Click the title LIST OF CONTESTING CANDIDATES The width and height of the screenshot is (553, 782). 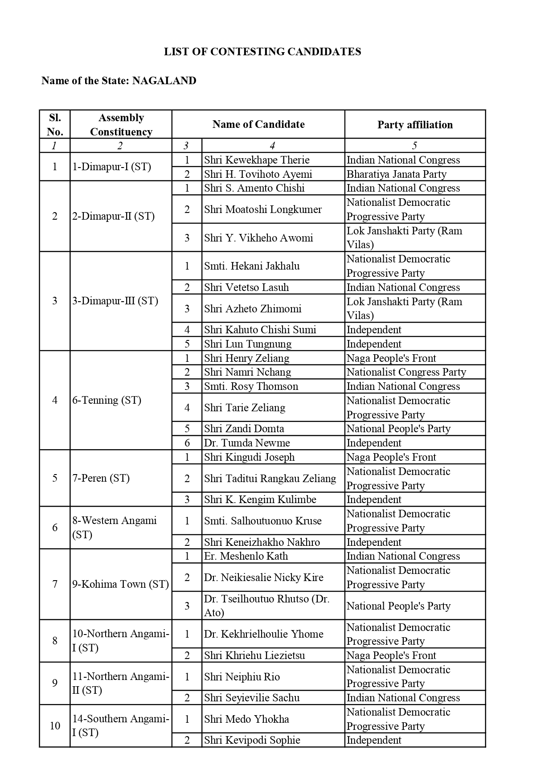pyautogui.click(x=262, y=52)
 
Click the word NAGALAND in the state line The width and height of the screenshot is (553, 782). pyautogui.click(x=164, y=81)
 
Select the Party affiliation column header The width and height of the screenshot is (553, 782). pyautogui.click(x=415, y=125)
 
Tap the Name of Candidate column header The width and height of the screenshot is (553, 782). pyautogui.click(x=258, y=124)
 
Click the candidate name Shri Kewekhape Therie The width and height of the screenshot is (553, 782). pyautogui.click(x=257, y=160)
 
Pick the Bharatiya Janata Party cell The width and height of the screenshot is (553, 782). pyautogui.click(x=396, y=174)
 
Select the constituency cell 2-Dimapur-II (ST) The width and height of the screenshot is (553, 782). pyautogui.click(x=114, y=216)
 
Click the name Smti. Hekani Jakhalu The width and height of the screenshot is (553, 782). pyautogui.click(x=252, y=266)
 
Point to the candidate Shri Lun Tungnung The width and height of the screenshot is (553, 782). pyautogui.click(x=248, y=344)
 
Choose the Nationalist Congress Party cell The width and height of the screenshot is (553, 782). pyautogui.click(x=406, y=372)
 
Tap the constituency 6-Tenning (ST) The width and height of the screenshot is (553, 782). pyautogui.click(x=107, y=400)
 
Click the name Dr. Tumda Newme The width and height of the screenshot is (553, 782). pyautogui.click(x=247, y=443)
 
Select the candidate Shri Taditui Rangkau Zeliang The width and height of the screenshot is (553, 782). pyautogui.click(x=270, y=479)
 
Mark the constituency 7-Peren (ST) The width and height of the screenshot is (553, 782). pyautogui.click(x=101, y=478)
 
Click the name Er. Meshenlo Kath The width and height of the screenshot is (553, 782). pyautogui.click(x=246, y=556)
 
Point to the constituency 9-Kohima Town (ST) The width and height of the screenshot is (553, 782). pyautogui.click(x=121, y=584)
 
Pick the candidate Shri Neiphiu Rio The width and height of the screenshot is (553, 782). pyautogui.click(x=242, y=677)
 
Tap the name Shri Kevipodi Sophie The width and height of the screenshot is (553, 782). pyautogui.click(x=252, y=740)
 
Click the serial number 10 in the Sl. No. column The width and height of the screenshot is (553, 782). pyautogui.click(x=55, y=726)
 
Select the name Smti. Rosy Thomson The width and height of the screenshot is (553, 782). pyautogui.click(x=251, y=386)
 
